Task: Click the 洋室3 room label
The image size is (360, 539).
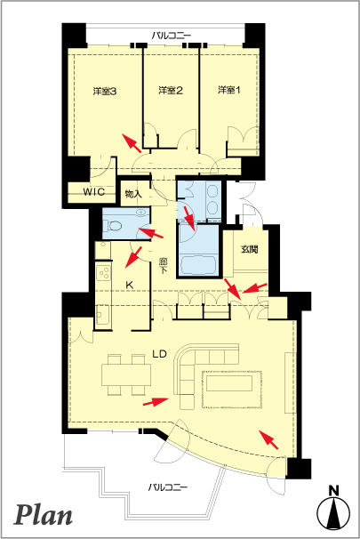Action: pos(105,91)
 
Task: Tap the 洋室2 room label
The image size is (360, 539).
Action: pos(171,91)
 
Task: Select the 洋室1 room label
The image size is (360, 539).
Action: pos(229,90)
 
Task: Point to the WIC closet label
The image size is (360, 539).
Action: pos(94,191)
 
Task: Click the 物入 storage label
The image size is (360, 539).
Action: pos(133,194)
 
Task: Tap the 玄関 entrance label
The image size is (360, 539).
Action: pos(250,249)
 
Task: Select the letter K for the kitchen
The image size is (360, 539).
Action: pos(129,285)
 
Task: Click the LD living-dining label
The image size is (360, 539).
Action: pos(160,354)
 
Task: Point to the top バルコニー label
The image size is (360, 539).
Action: pos(171,35)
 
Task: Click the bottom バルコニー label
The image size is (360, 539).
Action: pos(168,487)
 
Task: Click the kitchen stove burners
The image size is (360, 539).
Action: pos(103,272)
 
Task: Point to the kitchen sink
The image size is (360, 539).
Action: pos(103,314)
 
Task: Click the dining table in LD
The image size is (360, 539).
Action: pos(126,374)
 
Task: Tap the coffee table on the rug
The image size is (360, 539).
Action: pos(230,383)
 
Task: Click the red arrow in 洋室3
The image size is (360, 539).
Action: pos(132,142)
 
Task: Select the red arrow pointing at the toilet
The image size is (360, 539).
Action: pos(150,233)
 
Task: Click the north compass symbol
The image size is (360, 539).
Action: pos(333,511)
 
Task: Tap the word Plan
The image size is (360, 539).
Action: pos(44,515)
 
